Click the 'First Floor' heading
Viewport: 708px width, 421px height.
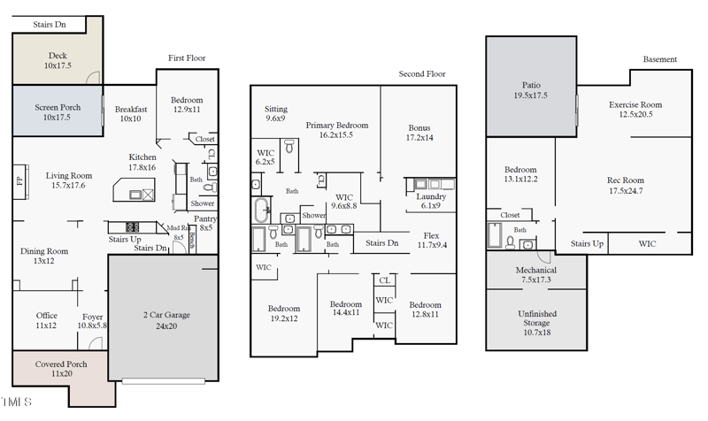(187, 58)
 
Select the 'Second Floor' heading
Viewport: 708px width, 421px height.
(422, 75)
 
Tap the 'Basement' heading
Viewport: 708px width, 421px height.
(659, 59)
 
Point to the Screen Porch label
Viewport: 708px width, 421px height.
(58, 112)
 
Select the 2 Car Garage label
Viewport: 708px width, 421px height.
(165, 319)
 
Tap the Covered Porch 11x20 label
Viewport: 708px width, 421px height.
(59, 369)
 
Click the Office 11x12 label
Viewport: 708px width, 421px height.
(47, 320)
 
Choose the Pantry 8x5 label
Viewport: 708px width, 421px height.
(205, 222)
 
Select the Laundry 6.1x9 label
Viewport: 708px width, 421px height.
(431, 201)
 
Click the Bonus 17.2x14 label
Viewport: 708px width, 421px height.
(419, 133)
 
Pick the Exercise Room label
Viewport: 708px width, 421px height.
(635, 110)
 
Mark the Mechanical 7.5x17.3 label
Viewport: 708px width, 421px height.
(537, 274)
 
